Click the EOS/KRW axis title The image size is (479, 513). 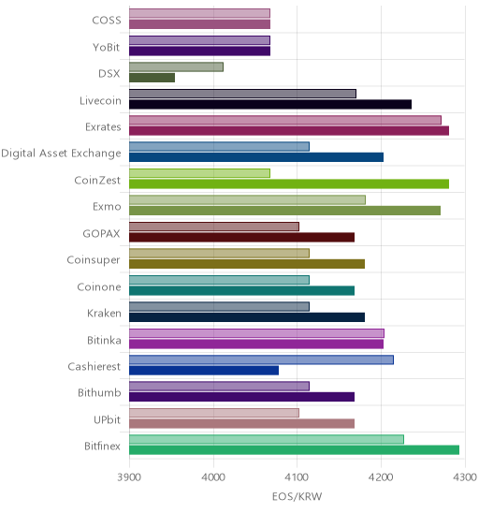(297, 496)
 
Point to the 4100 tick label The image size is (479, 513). (297, 477)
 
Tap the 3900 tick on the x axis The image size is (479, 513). (129, 477)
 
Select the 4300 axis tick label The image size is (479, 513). (465, 477)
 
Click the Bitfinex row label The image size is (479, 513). (102, 446)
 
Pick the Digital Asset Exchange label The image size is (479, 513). (61, 154)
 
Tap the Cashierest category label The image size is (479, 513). (94, 366)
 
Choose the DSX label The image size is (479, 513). (109, 73)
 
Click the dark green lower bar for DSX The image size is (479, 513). (152, 78)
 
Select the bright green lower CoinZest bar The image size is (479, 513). (289, 183)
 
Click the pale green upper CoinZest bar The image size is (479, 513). (200, 173)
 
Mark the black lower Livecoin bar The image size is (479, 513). (270, 104)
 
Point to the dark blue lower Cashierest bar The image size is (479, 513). (204, 371)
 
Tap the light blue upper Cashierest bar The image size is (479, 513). (262, 359)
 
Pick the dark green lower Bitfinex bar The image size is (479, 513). (295, 450)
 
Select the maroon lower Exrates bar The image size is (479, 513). (289, 130)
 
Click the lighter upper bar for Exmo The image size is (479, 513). (248, 199)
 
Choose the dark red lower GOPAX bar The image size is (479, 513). (242, 237)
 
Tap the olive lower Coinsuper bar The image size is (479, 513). (247, 264)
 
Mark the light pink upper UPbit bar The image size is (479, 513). (214, 413)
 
